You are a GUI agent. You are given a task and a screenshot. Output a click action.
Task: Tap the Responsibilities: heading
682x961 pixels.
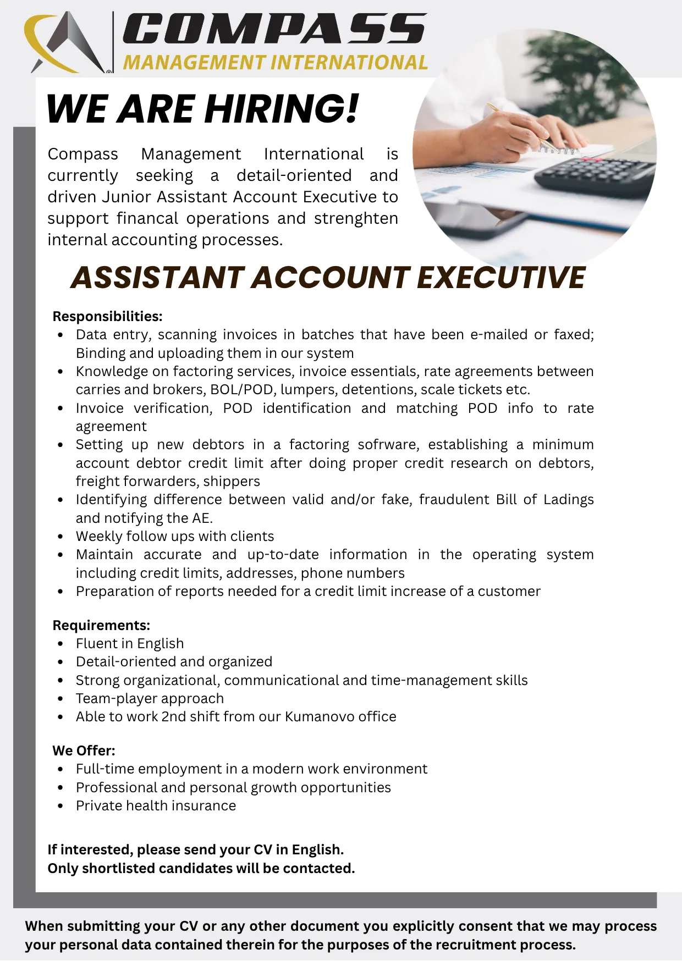[107, 316]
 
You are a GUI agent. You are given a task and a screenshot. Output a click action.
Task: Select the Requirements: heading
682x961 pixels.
[101, 625]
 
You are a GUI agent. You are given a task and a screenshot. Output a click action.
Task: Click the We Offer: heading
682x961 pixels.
[84, 750]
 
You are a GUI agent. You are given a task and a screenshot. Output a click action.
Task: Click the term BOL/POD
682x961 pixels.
[241, 390]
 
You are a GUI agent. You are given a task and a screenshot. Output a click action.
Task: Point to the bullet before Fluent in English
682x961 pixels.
[61, 644]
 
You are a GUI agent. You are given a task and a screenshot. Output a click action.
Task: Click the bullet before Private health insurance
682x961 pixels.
[61, 806]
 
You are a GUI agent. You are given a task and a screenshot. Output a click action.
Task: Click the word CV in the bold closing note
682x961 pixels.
[262, 849]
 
